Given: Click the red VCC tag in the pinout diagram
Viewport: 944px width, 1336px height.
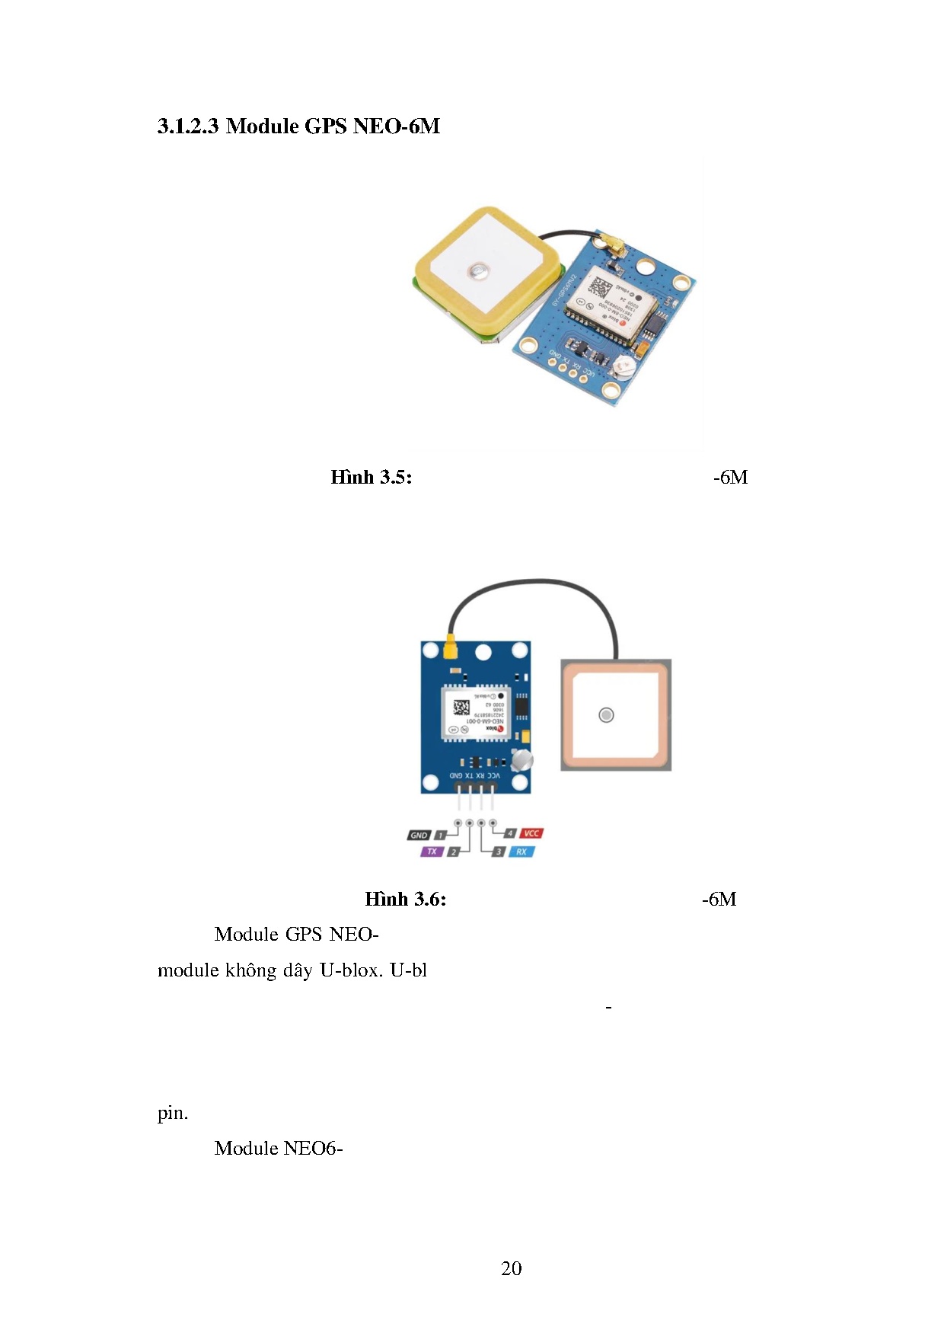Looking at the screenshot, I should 531,833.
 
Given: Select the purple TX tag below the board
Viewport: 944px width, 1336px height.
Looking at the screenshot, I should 432,852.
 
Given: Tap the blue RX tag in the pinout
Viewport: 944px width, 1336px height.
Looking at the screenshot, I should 521,852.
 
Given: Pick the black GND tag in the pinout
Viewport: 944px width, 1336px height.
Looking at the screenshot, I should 419,836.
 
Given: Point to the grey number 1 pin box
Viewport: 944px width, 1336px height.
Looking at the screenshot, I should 440,836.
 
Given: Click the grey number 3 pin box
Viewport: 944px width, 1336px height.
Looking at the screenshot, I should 499,852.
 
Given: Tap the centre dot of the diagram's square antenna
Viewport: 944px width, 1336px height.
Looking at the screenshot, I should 606,715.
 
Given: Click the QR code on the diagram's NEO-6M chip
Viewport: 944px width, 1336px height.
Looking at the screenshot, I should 461,708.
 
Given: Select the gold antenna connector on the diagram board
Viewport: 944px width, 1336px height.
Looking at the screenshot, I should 450,650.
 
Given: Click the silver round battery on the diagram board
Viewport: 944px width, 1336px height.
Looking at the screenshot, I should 522,759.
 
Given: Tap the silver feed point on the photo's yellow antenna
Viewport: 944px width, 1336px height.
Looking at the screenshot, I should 478,270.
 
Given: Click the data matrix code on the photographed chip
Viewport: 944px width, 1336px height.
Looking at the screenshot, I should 601,290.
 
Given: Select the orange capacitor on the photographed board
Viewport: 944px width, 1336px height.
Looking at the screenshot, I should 641,348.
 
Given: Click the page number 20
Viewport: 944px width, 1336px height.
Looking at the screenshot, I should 511,1268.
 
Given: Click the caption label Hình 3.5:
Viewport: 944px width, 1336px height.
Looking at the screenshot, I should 371,478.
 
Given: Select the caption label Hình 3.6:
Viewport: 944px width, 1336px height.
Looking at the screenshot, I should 405,900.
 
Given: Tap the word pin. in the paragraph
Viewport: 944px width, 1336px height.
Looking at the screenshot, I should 173,1114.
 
